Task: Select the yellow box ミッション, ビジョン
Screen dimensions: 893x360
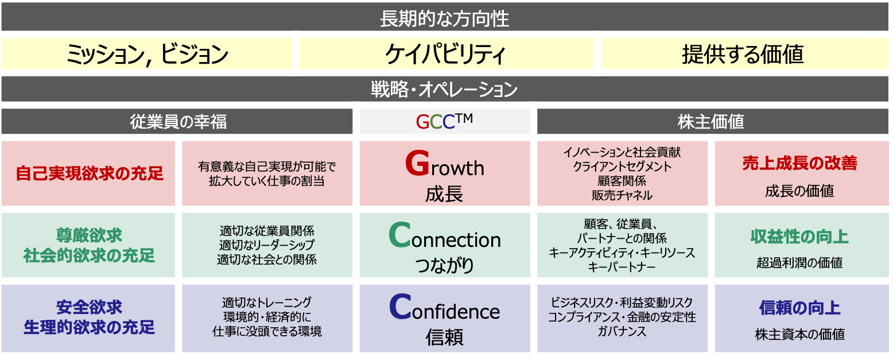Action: [147, 54]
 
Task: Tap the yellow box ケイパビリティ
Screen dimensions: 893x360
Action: [446, 54]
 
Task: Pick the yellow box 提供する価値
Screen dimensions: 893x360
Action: [745, 54]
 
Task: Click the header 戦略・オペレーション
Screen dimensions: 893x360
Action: [445, 89]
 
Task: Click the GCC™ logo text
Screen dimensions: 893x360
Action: [445, 121]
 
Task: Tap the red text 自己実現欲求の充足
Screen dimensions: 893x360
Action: [90, 173]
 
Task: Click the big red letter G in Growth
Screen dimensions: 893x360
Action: [417, 164]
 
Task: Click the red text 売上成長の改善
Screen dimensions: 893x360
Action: [799, 163]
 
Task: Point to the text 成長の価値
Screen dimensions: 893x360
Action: [799, 191]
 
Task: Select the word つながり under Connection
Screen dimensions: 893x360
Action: [445, 265]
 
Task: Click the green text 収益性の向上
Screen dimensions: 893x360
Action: [799, 237]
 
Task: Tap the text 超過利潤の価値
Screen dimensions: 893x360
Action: [799, 262]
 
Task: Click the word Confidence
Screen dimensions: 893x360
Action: [445, 308]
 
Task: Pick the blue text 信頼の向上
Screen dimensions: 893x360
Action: [799, 308]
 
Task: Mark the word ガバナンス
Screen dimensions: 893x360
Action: [622, 331]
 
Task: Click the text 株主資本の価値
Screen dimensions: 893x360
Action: [799, 334]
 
